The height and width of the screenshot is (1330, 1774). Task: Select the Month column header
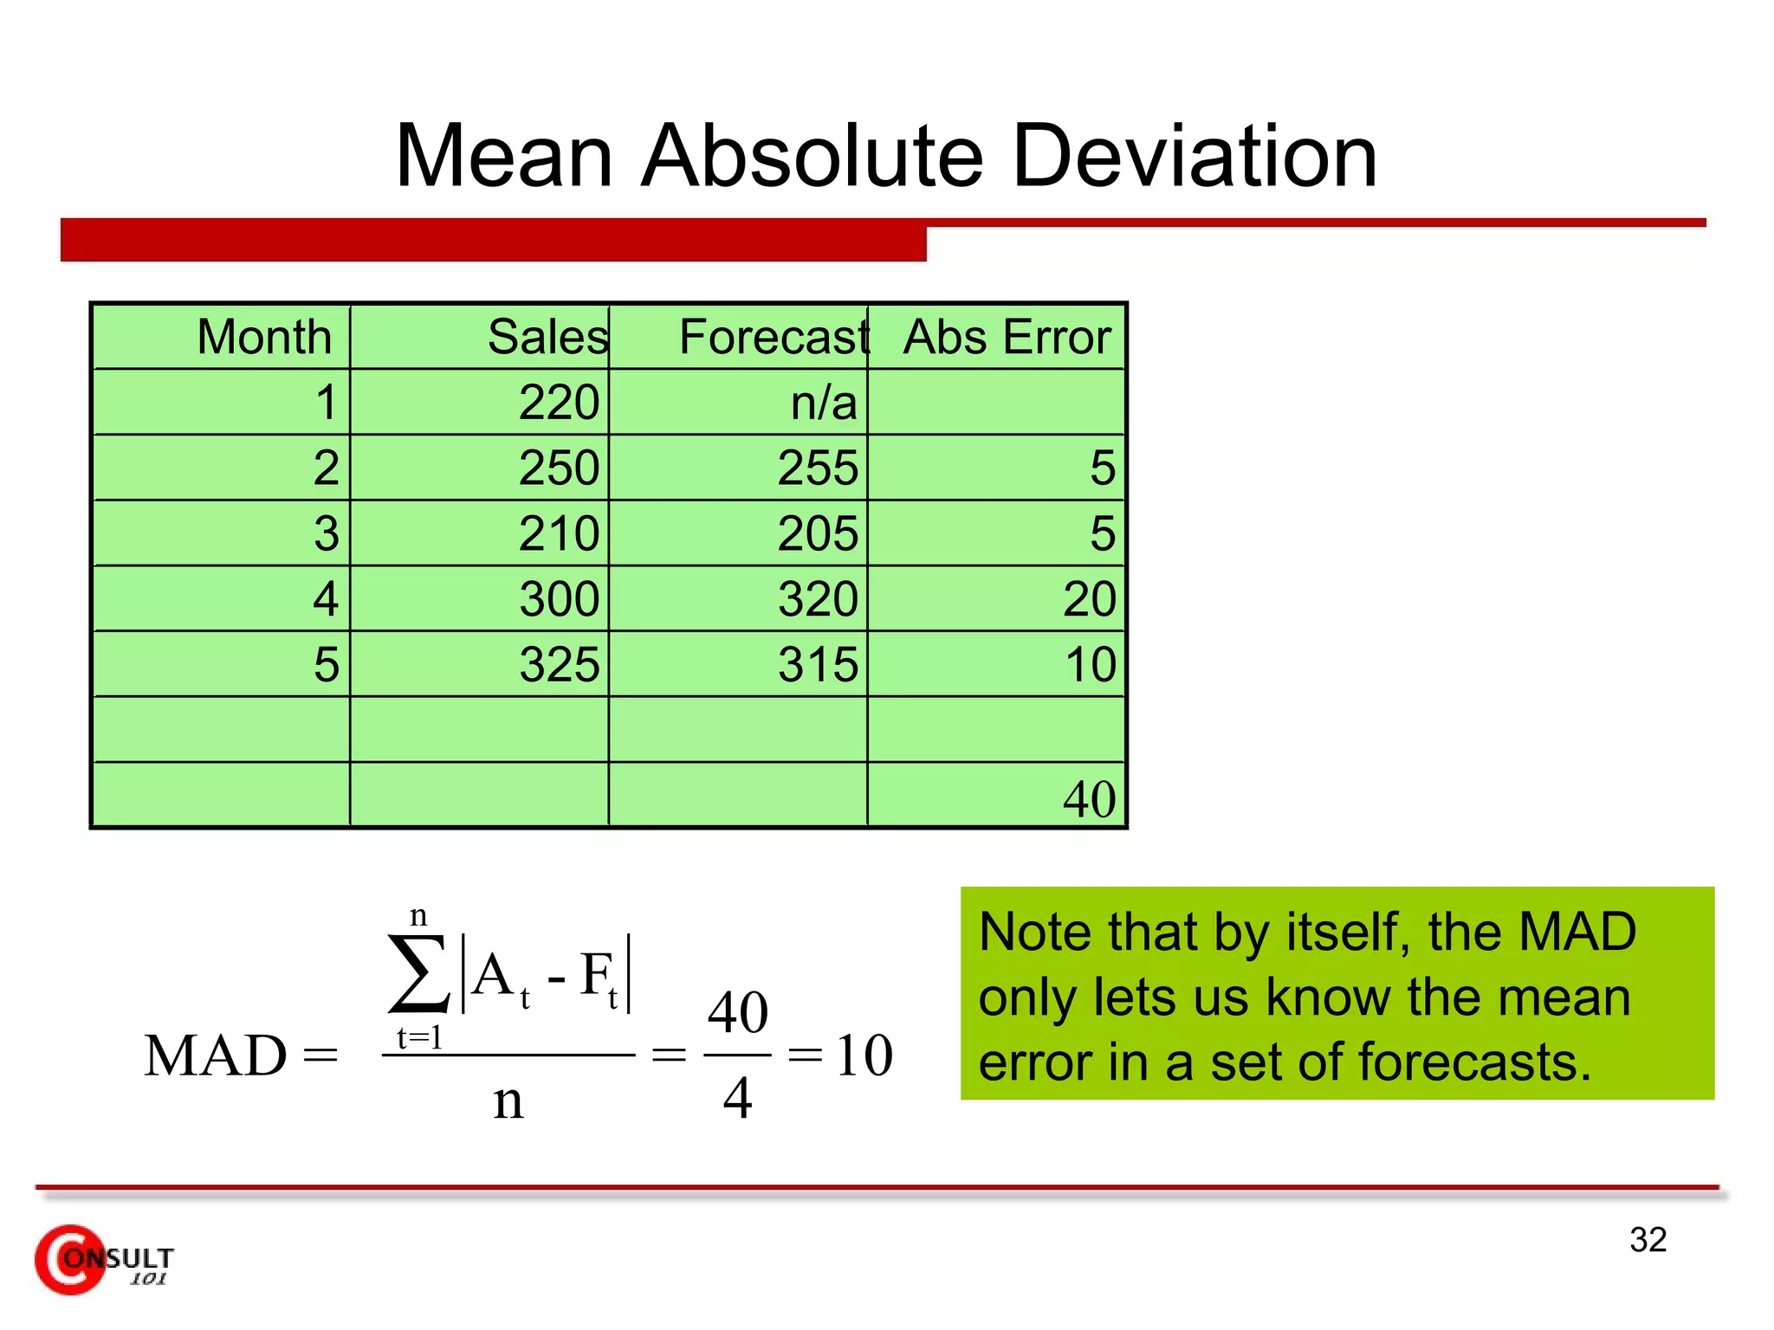pyautogui.click(x=264, y=337)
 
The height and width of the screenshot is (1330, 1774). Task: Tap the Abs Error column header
pyautogui.click(x=1007, y=337)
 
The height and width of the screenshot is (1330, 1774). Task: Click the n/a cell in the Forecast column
pyautogui.click(x=823, y=403)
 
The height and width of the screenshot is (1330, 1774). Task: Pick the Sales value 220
pyautogui.click(x=559, y=403)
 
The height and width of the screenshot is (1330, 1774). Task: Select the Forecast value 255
pyautogui.click(x=817, y=468)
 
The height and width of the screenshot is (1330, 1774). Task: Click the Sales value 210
pyautogui.click(x=559, y=533)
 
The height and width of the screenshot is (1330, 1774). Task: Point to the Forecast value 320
pyautogui.click(x=817, y=599)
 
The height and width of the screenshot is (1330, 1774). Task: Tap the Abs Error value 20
pyautogui.click(x=1089, y=599)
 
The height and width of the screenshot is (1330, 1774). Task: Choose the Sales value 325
pyautogui.click(x=559, y=665)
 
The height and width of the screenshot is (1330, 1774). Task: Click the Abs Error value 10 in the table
pyautogui.click(x=1090, y=665)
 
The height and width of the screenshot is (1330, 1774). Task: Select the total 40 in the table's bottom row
pyautogui.click(x=1089, y=799)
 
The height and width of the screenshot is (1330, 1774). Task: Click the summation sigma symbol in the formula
pyautogui.click(x=418, y=973)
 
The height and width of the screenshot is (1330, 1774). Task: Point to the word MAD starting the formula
pyautogui.click(x=215, y=1056)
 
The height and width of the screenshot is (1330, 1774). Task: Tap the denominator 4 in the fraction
pyautogui.click(x=737, y=1098)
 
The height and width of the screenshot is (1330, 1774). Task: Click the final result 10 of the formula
pyautogui.click(x=864, y=1056)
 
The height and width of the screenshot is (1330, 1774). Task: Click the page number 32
pyautogui.click(x=1648, y=1240)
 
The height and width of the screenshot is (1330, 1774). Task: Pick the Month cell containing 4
pyautogui.click(x=326, y=599)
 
